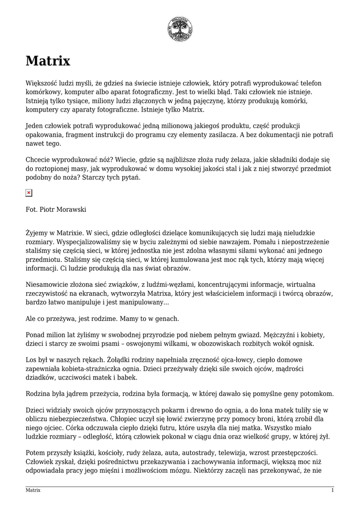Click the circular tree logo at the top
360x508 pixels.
(180, 29)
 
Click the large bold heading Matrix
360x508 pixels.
(48, 62)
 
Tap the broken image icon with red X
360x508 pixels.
(29, 192)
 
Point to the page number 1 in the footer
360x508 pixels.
(332, 490)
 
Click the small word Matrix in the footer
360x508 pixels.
(33, 490)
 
